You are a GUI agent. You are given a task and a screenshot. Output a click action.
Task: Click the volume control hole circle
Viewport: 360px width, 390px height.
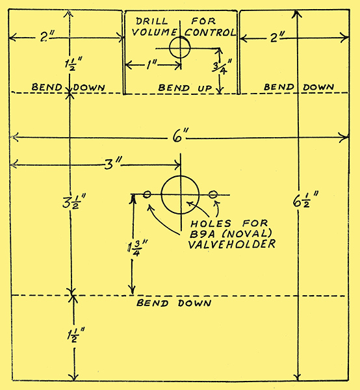(x=170, y=47)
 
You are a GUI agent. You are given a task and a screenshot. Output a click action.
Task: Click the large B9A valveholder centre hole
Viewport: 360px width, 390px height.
(x=161, y=195)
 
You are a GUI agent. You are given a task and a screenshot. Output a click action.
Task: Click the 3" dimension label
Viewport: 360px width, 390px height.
(x=112, y=164)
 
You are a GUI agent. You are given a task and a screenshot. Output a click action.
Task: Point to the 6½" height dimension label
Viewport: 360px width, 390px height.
(x=306, y=200)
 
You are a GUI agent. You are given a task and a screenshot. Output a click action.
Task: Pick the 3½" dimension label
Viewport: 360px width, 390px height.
(x=74, y=201)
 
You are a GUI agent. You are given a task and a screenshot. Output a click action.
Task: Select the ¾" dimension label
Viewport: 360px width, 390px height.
(x=222, y=67)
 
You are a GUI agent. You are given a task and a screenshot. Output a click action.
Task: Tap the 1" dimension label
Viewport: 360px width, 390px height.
(x=151, y=65)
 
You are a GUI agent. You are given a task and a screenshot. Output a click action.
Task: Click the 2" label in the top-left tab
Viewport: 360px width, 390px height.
(x=47, y=36)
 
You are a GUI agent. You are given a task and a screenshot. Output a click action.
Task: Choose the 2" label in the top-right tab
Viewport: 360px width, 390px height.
(x=277, y=37)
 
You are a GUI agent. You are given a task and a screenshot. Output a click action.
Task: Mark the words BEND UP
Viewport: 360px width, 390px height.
(x=185, y=88)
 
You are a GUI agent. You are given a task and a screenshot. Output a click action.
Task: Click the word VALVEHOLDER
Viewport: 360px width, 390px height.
(x=232, y=244)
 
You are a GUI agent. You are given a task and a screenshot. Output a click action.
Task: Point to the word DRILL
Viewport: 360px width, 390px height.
(x=151, y=21)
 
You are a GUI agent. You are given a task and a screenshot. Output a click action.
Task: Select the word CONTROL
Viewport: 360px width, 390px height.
(x=210, y=32)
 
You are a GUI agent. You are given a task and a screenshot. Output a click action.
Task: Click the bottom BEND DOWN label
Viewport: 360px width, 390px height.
(x=174, y=303)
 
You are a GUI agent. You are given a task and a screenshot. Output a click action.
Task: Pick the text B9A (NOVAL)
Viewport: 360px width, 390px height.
(x=231, y=234)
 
